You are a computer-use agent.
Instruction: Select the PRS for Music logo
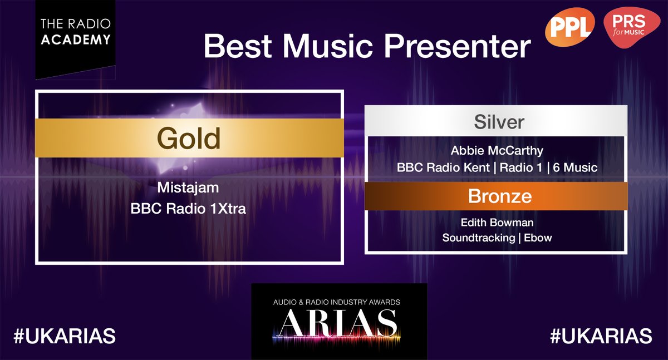point(630,29)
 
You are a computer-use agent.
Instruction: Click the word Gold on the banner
point(189,138)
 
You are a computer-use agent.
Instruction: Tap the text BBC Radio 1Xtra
point(189,209)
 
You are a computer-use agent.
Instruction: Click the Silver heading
point(499,122)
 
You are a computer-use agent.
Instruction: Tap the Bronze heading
point(499,196)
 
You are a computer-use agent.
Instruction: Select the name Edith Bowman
point(497,223)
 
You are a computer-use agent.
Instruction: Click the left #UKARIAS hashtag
point(65,336)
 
